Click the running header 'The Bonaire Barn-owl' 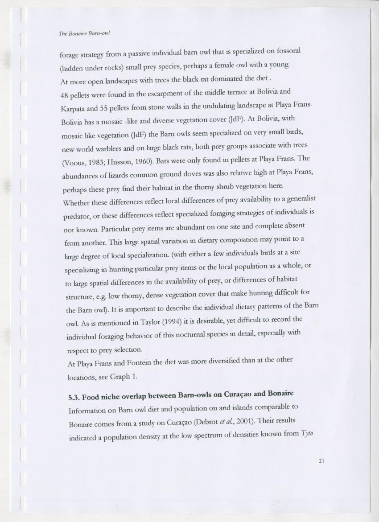tap(84, 33)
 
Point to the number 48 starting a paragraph tap(64, 95)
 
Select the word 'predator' tap(76, 217)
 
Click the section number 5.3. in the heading tap(74, 396)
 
